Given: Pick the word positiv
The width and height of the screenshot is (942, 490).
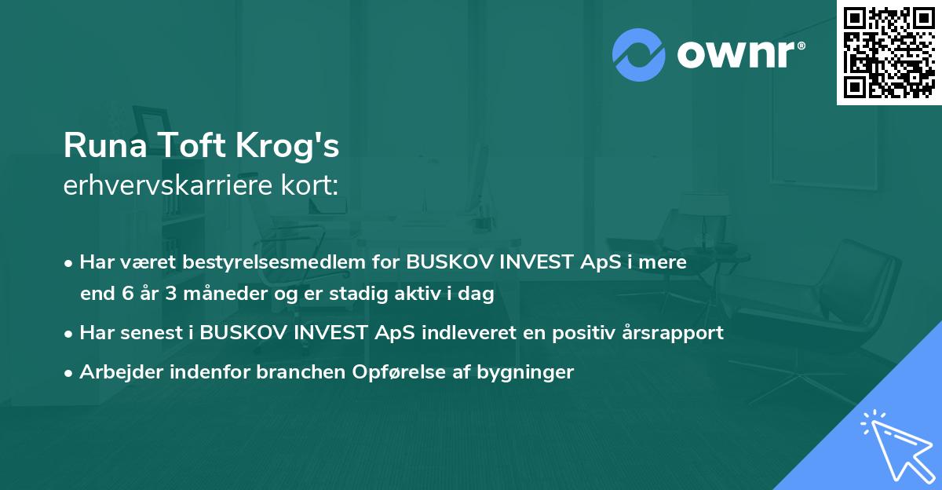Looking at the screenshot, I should click(579, 332).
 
